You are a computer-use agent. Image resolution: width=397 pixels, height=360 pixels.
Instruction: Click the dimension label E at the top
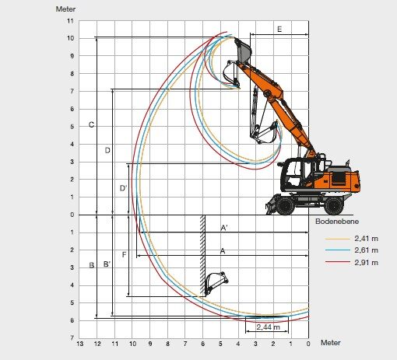[279, 30]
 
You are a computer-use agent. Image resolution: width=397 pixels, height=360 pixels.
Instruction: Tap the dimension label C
[91, 124]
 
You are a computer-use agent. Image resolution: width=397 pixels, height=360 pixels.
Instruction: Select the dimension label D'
[123, 188]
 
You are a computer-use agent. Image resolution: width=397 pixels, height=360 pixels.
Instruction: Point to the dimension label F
[124, 255]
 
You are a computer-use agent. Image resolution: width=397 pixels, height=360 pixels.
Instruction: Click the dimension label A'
[224, 228]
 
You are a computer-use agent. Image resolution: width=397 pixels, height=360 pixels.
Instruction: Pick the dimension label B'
[107, 264]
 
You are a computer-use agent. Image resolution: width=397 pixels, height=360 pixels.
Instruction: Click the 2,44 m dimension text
[269, 327]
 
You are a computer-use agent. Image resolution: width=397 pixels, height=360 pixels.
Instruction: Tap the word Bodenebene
[337, 222]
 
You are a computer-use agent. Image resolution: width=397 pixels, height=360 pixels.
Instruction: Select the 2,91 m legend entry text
[366, 263]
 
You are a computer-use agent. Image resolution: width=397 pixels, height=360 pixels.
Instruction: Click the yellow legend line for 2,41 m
[338, 239]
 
